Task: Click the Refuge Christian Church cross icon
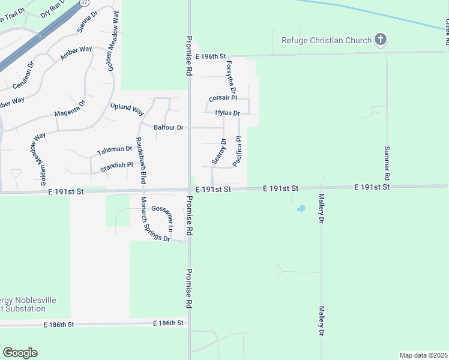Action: pos(379,40)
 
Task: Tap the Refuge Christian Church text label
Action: pos(326,41)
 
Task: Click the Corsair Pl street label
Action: pos(223,98)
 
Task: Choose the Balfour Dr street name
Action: pos(169,127)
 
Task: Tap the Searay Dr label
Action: pos(219,152)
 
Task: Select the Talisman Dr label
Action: pos(115,149)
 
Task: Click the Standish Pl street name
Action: pos(116,165)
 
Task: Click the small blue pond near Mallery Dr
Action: pos(301,209)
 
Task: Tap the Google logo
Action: pos(20,353)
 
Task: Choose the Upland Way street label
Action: pos(127,109)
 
